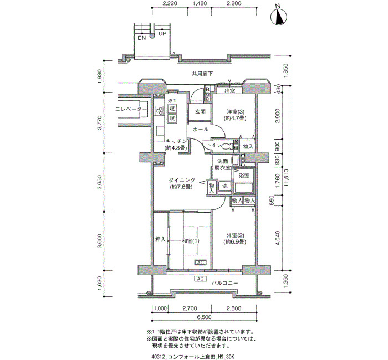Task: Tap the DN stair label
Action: [142, 38]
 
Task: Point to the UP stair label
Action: [162, 34]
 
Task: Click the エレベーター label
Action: [131, 109]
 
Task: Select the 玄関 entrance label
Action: [200, 112]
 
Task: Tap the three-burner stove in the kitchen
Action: [159, 111]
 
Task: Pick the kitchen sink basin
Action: [160, 131]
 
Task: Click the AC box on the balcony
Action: [200, 279]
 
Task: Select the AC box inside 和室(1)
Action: [200, 263]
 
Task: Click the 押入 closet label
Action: [160, 239]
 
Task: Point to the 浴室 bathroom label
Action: [244, 176]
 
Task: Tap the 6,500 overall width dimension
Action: [205, 317]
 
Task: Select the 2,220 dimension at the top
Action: [170, 3]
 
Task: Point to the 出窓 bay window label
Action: [229, 91]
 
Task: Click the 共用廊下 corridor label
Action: [202, 74]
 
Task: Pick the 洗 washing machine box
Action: [224, 186]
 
